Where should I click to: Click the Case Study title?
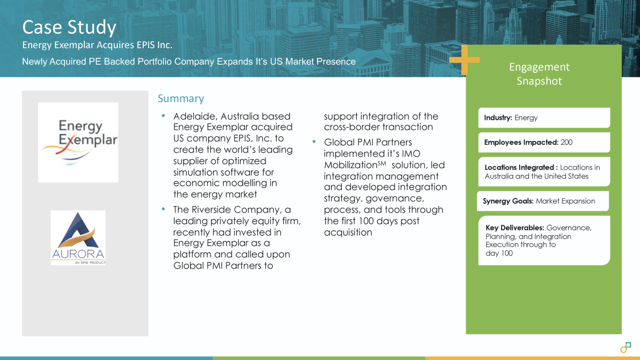pos(69,27)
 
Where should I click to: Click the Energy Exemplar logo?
pos(78,142)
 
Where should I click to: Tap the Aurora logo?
pos(78,237)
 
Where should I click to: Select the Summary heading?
pos(181,99)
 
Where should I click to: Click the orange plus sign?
pos(464,60)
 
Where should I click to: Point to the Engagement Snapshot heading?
pos(539,74)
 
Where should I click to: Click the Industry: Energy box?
pos(544,118)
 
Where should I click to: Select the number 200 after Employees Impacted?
pos(566,142)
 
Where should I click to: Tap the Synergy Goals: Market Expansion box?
pos(542,201)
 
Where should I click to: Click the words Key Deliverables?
pos(515,228)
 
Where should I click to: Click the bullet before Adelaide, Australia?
pos(163,116)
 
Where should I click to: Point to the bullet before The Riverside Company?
pos(163,209)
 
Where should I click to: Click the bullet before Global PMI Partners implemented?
pos(314,142)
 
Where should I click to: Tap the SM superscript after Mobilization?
pos(382,163)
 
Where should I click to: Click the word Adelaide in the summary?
pos(194,116)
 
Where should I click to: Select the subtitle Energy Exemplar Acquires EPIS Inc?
pos(97,45)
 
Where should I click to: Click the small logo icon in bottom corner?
pos(625,347)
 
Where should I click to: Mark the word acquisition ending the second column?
pos(348,232)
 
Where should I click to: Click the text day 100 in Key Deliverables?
pos(499,253)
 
